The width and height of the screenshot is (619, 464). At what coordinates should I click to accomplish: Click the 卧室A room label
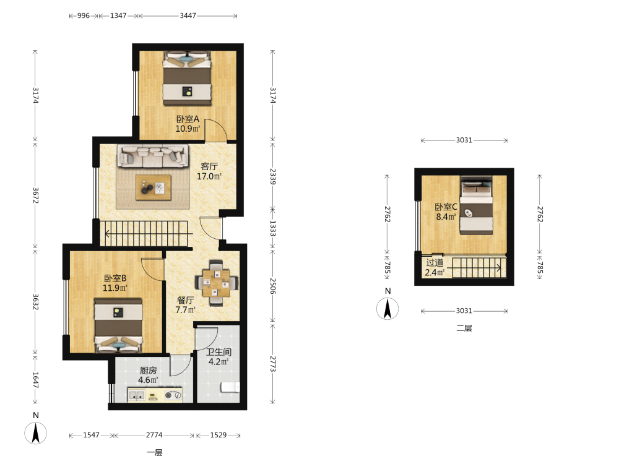[188, 119]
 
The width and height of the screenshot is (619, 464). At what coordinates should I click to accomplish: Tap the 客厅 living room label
[209, 166]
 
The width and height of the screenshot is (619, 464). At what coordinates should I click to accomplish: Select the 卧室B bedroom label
[115, 278]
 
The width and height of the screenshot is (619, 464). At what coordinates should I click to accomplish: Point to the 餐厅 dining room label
[185, 300]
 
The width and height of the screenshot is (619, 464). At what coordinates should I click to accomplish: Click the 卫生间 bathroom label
[219, 352]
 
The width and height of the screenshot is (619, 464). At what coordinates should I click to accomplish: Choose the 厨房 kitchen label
[148, 371]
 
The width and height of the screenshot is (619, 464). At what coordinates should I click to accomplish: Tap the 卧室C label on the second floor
[446, 207]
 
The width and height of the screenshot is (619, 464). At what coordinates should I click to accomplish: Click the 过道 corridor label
[435, 262]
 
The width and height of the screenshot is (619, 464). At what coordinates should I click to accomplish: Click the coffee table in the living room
[153, 187]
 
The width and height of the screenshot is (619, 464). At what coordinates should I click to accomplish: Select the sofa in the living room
[153, 155]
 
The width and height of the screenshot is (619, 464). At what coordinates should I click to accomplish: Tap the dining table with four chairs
[216, 283]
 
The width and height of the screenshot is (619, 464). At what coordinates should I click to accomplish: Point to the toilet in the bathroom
[230, 387]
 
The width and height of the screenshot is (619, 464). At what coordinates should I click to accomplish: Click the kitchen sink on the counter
[136, 395]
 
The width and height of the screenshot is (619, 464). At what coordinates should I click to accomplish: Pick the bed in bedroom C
[477, 205]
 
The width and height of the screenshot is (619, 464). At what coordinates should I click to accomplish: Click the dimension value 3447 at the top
[188, 16]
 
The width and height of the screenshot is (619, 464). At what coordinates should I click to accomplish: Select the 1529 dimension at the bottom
[219, 435]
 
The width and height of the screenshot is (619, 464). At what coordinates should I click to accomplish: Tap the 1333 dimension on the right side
[273, 228]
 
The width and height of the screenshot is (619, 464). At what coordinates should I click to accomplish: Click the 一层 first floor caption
[155, 453]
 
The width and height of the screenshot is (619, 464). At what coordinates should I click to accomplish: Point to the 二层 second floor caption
[464, 329]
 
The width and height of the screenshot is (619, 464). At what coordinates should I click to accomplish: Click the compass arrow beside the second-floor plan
[387, 309]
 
